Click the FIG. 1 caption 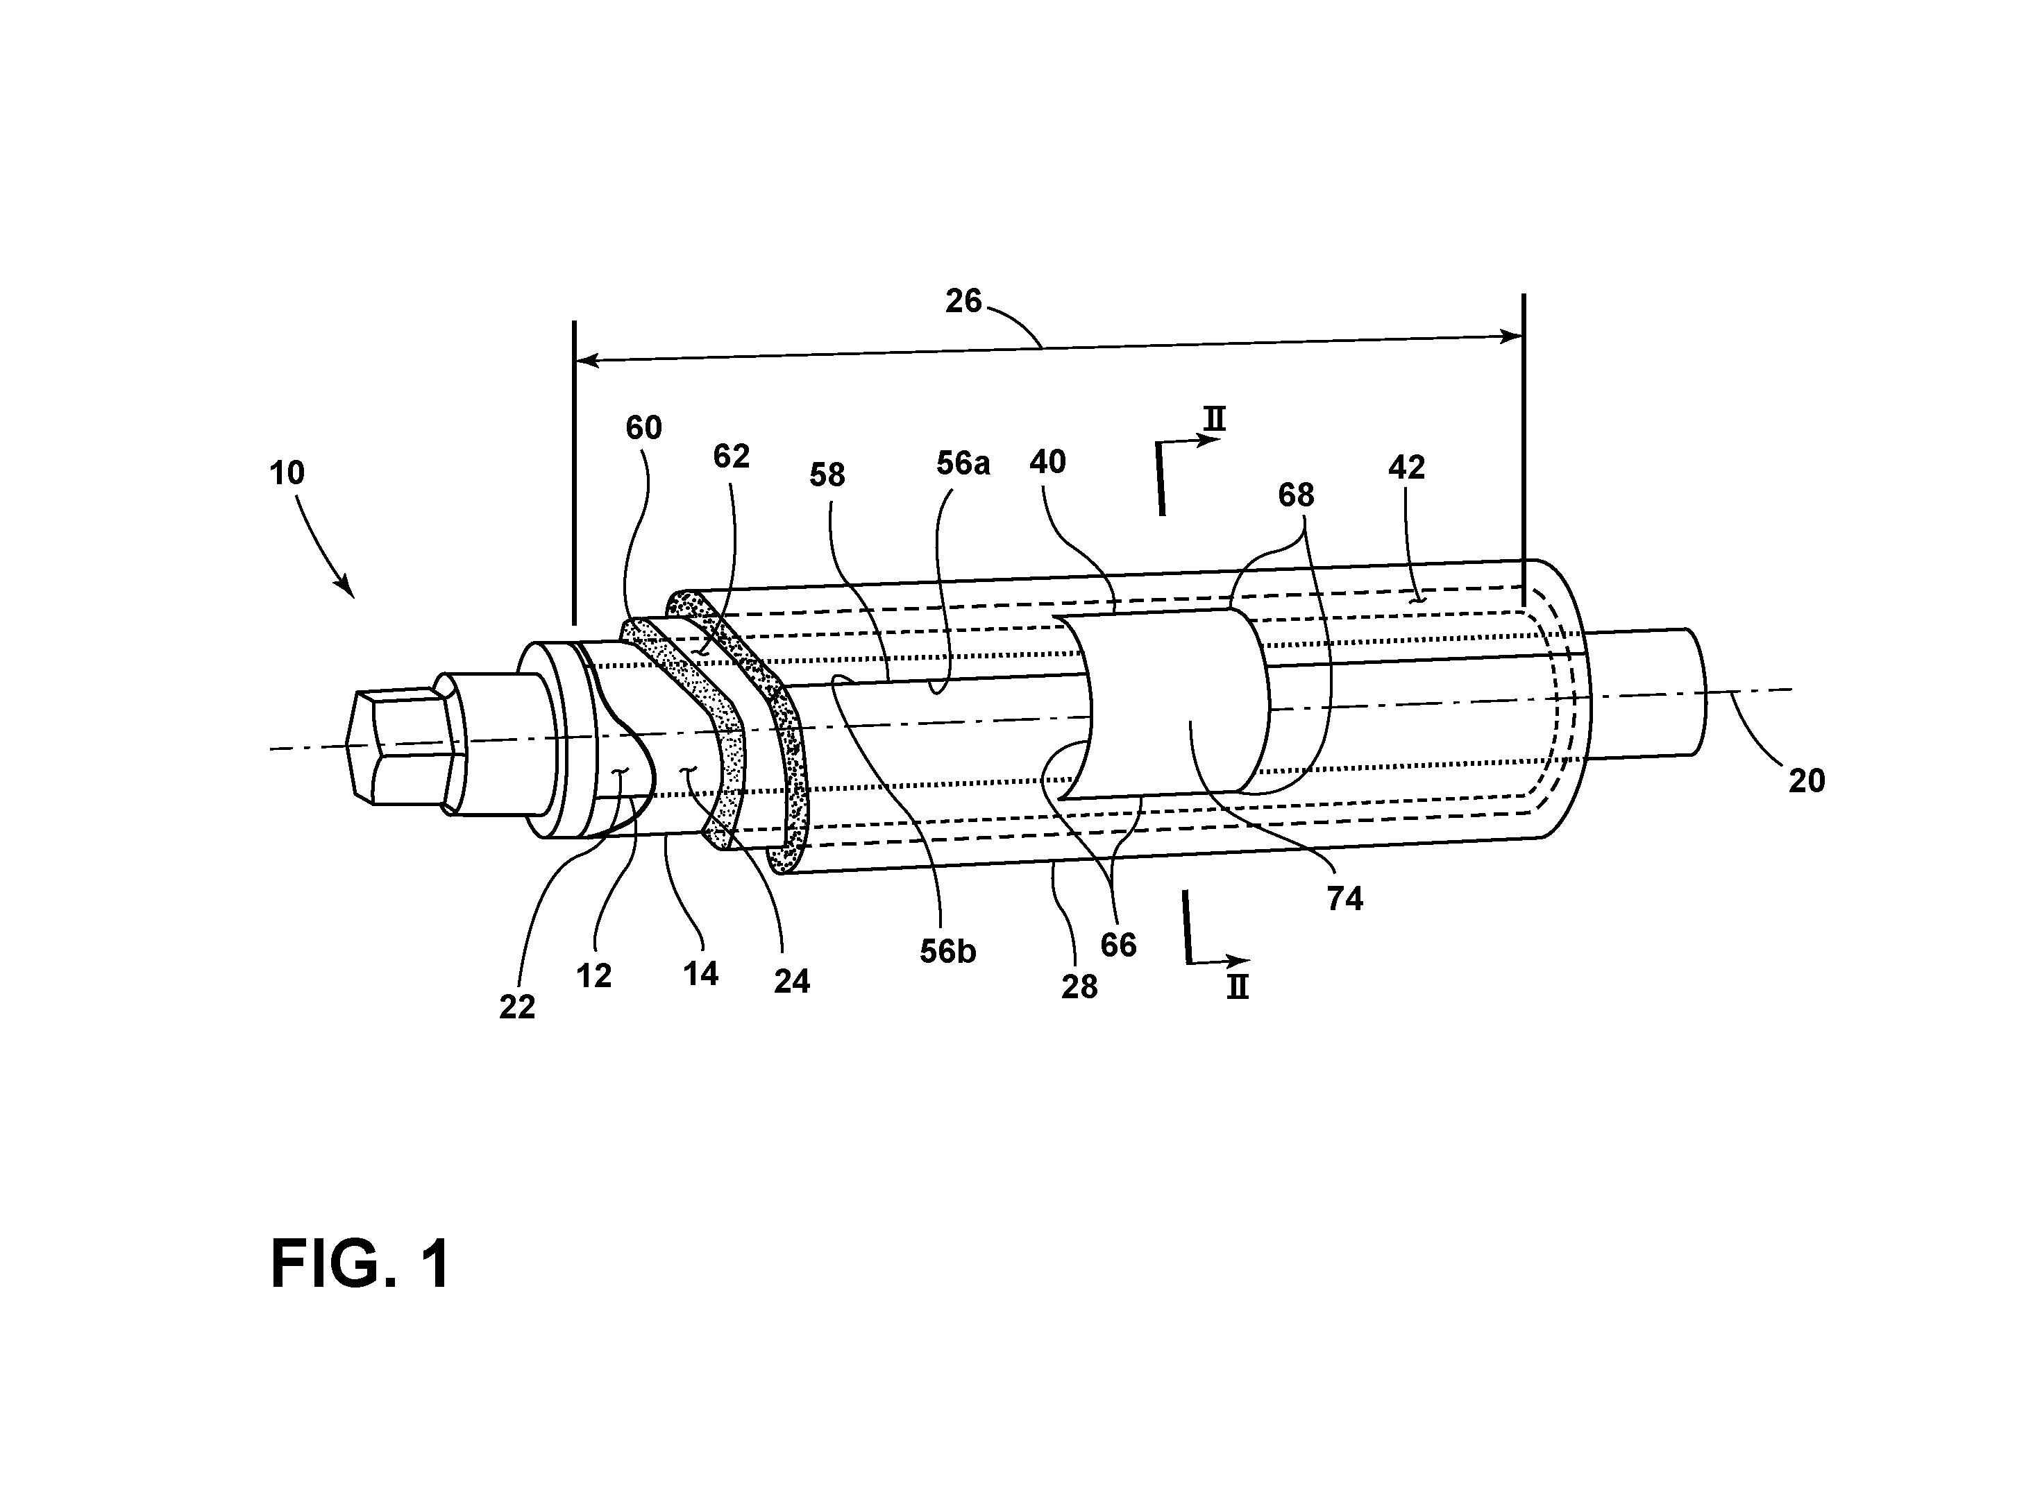[x=360, y=1265]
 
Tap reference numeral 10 [x=287, y=473]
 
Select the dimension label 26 [x=963, y=301]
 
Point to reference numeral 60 [x=644, y=428]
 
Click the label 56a [x=963, y=463]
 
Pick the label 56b [x=948, y=952]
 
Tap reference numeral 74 [x=1345, y=898]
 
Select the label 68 [x=1296, y=495]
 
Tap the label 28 [x=1079, y=987]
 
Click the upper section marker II [x=1215, y=419]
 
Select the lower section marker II [x=1238, y=988]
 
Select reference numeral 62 [x=731, y=456]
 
